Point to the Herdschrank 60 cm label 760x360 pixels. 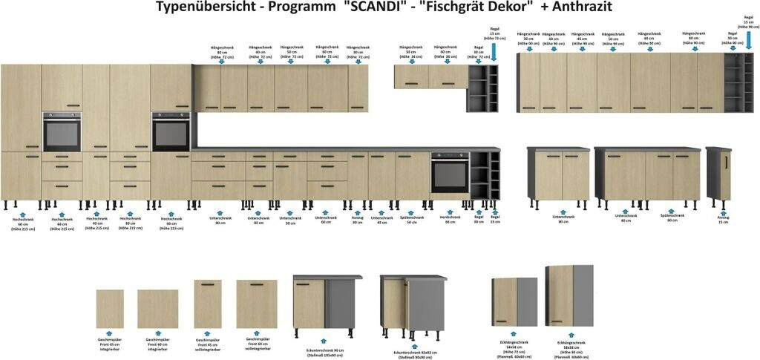click(450, 220)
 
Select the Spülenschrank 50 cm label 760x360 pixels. click(412, 220)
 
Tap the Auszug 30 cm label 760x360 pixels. click(358, 220)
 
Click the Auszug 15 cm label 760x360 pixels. click(723, 220)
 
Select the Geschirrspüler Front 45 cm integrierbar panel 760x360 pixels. click(110, 309)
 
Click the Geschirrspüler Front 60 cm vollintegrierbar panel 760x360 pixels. click(257, 304)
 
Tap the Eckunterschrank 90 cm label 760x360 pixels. click(324, 352)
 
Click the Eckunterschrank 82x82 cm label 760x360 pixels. click(414, 355)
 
